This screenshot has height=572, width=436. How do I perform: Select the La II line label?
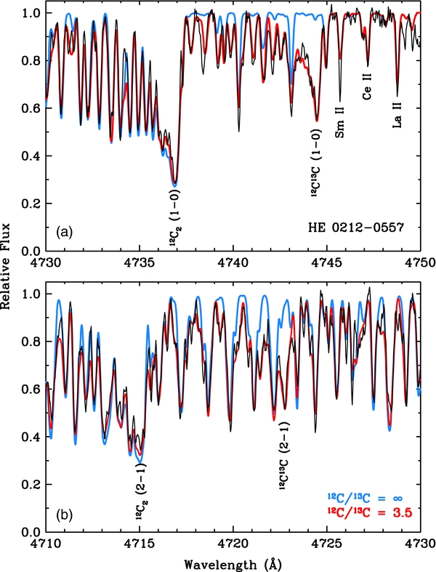click(x=397, y=116)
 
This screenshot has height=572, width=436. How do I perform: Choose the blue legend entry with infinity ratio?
click(x=369, y=497)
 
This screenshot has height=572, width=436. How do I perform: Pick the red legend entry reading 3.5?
click(x=369, y=512)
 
